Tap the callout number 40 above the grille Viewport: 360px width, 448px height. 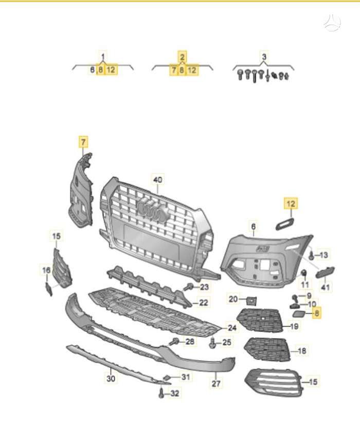pos(157,179)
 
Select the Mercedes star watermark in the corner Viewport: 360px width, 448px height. pos(332,22)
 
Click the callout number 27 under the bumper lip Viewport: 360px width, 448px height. pos(217,383)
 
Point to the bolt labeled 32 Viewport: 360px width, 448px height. pos(161,394)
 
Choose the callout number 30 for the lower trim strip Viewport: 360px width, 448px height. pos(111,379)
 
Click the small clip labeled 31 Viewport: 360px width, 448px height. pos(167,378)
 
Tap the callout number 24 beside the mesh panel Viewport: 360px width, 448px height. pos(232,327)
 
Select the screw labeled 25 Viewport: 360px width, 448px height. pos(213,343)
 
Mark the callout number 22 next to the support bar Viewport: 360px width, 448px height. pos(204,303)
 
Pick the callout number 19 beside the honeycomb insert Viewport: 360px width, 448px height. pos(295,326)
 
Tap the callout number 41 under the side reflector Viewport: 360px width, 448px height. pos(326,288)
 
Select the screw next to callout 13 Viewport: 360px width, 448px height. pos(312,255)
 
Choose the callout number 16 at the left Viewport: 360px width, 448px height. pos(46,270)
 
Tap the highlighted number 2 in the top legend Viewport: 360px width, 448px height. pos(182,57)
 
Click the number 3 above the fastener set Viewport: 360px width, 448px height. pos(264,57)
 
